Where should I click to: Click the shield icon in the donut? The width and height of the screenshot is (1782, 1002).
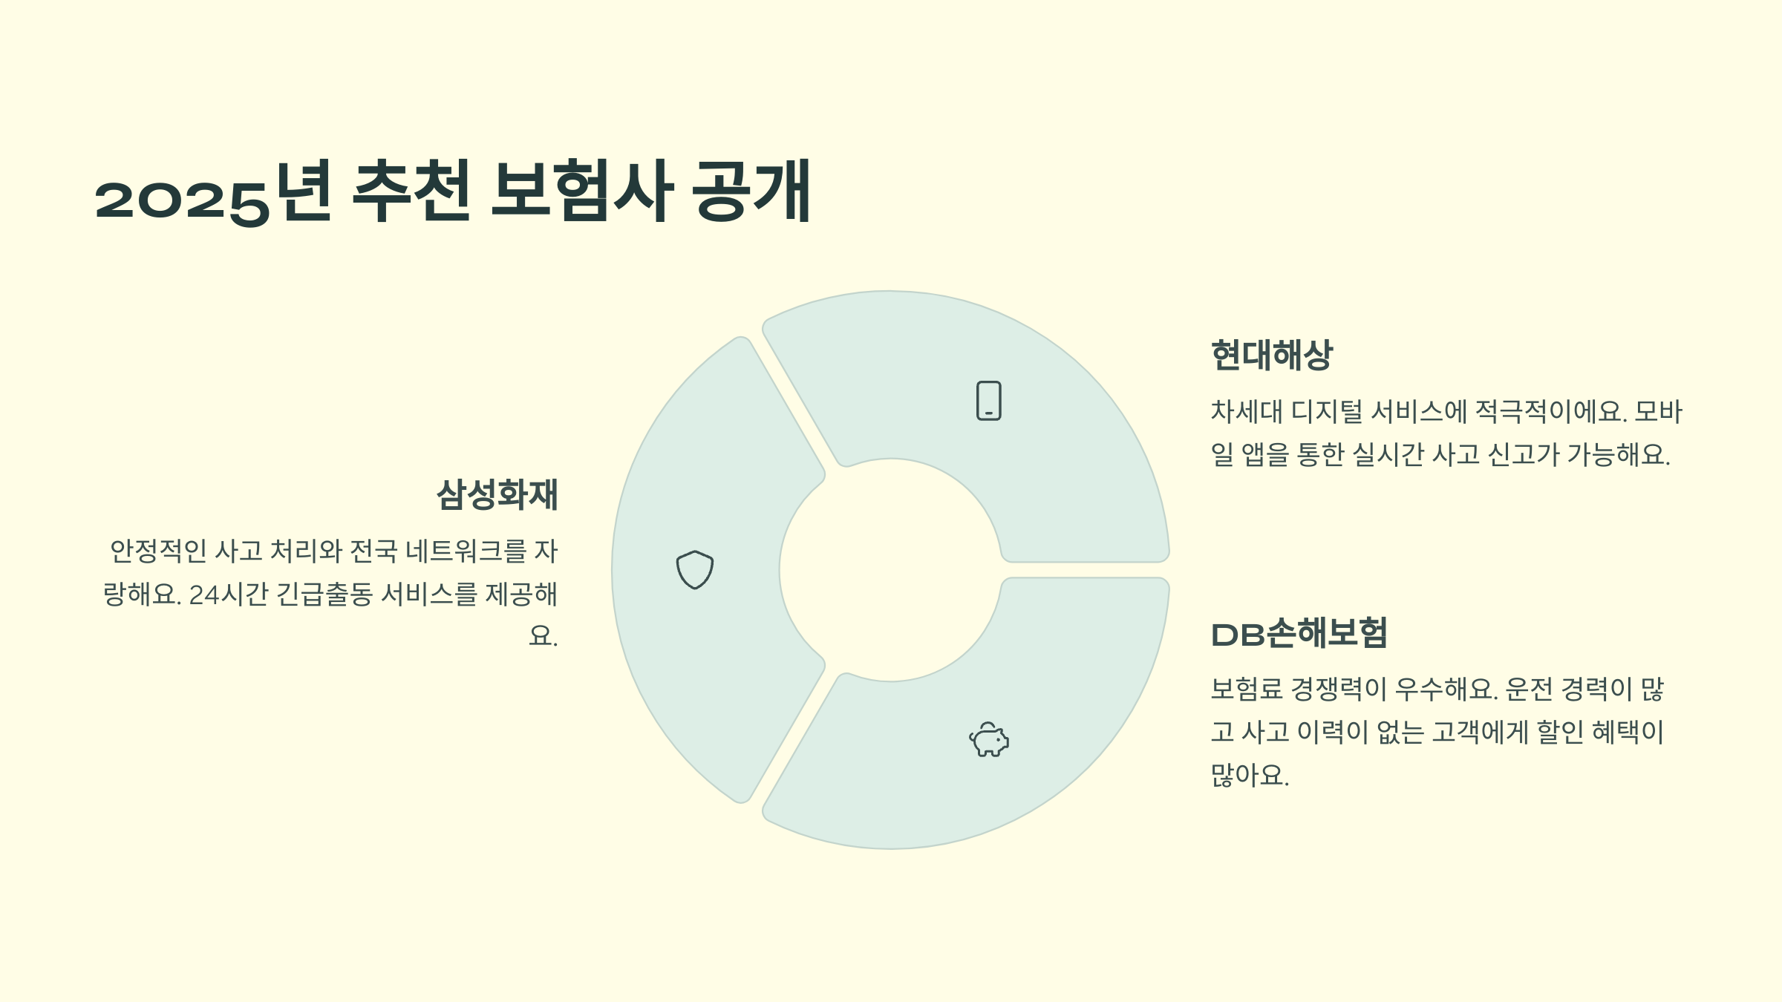pos(695,570)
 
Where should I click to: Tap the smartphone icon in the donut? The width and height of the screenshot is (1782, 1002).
pos(988,401)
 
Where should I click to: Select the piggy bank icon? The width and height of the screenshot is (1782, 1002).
pos(989,739)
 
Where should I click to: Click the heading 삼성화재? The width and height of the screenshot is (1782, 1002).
pos(497,495)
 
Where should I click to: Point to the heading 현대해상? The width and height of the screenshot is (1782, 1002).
pos(1272,356)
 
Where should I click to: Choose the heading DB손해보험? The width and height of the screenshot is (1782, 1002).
pos(1299,634)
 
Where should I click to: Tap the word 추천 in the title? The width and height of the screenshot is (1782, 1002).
pos(411,191)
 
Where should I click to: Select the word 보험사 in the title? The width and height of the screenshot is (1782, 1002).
pos(581,191)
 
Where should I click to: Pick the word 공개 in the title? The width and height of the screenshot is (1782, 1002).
pos(751,191)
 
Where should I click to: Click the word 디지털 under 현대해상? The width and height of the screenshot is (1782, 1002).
pos(1327,412)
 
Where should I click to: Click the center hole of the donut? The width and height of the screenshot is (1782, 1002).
pos(890,570)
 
